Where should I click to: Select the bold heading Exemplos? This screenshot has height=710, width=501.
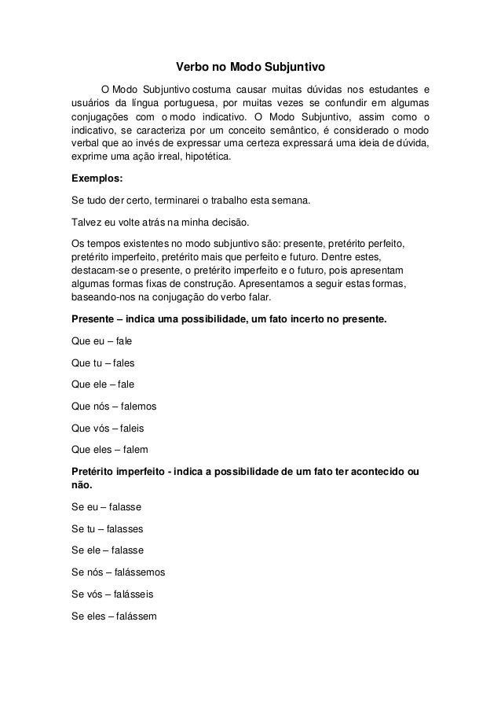(97, 178)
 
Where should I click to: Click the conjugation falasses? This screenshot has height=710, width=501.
(126, 529)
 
